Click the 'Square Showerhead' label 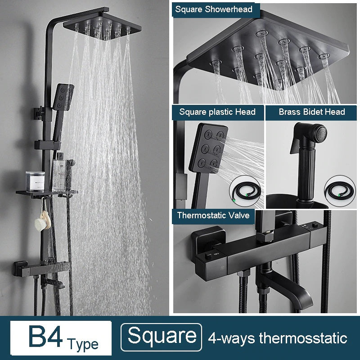click(214, 9)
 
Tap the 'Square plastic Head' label click(217, 112)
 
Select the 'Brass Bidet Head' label click(311, 112)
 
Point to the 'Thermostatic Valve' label click(213, 215)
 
